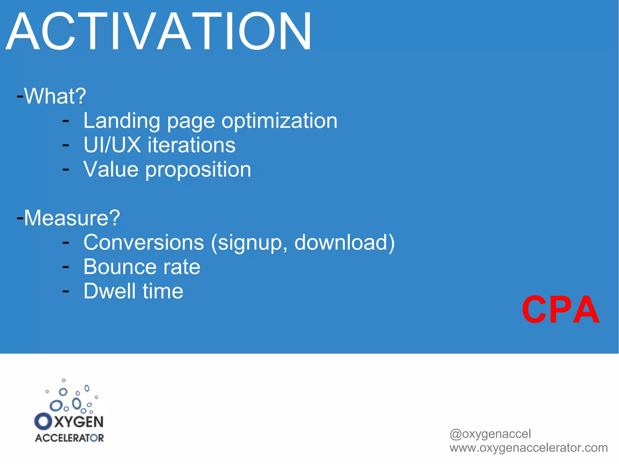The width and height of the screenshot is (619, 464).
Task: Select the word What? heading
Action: tap(55, 96)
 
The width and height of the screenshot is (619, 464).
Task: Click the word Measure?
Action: tap(72, 218)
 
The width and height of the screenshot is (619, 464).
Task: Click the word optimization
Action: tap(279, 121)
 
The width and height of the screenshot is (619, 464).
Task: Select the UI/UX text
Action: tap(112, 145)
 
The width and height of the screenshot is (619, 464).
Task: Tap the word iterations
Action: tap(191, 145)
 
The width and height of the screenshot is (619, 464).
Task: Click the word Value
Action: tap(111, 169)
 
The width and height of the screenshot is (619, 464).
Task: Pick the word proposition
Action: tap(198, 170)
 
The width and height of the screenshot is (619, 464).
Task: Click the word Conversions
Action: tap(144, 242)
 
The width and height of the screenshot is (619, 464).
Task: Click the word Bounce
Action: tap(120, 267)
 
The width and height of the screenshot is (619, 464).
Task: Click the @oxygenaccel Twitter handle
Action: tap(490, 434)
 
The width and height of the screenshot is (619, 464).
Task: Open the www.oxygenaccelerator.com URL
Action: tap(528, 448)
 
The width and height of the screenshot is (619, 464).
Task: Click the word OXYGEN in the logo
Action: tap(69, 422)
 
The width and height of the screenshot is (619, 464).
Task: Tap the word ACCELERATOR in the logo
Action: tap(69, 438)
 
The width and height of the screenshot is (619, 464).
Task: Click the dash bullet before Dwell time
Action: tap(66, 291)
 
